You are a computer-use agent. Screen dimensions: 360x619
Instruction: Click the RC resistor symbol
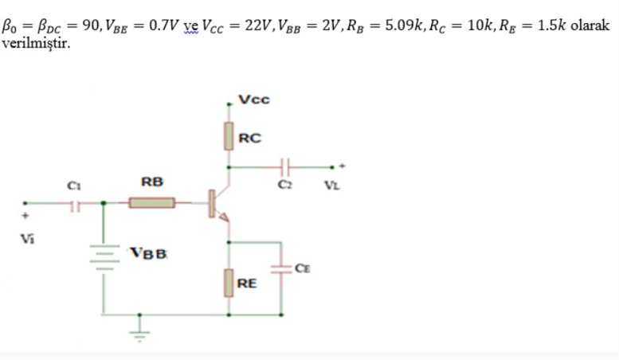(229, 135)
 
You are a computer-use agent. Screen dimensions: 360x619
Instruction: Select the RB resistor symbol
(152, 204)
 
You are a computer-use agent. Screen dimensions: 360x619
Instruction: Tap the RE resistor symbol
(229, 283)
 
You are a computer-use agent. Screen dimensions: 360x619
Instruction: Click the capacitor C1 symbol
(75, 205)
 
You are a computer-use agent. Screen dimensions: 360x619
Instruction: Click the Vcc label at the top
(255, 100)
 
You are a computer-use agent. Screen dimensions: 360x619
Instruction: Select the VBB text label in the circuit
(149, 254)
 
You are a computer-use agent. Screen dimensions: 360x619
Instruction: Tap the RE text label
(247, 283)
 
